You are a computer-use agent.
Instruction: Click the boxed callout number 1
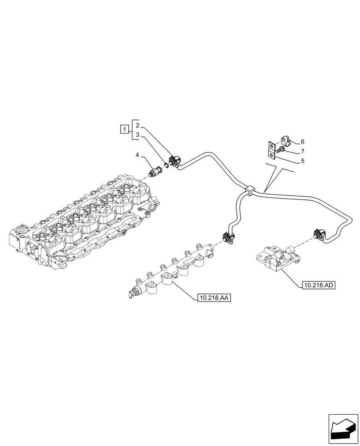coord(124,129)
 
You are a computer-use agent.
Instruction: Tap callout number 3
coord(138,134)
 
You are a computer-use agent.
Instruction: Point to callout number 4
coord(138,155)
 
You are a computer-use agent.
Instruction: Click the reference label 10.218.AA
coord(213,298)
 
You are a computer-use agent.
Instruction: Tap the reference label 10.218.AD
coord(318,285)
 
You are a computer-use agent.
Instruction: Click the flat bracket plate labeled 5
coord(270,150)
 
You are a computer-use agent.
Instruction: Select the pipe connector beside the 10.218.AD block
coord(319,235)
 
